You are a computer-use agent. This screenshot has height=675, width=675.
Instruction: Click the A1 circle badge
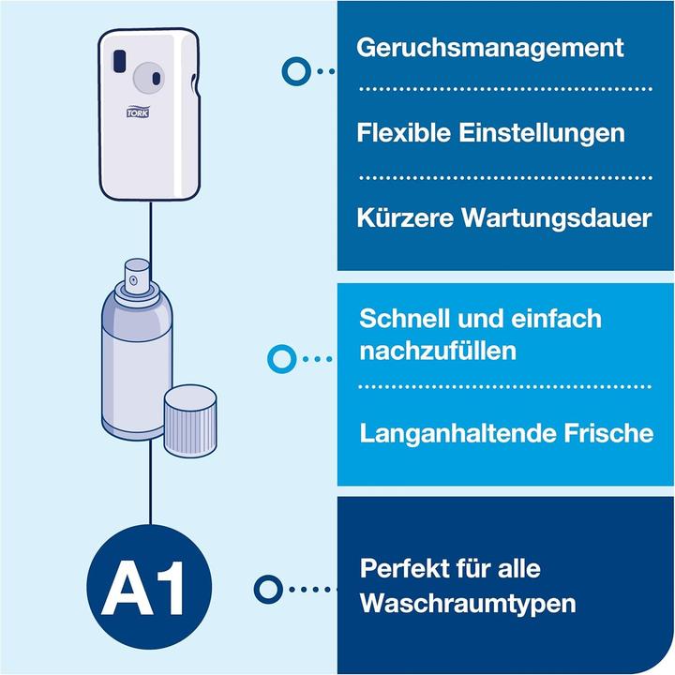[x=150, y=588]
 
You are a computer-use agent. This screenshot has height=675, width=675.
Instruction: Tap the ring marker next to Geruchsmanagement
[x=296, y=69]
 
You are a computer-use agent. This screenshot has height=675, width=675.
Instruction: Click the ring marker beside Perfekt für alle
[x=270, y=588]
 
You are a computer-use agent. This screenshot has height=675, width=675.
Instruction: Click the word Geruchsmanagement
[x=489, y=47]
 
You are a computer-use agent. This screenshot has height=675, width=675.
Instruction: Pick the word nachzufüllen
[x=438, y=352]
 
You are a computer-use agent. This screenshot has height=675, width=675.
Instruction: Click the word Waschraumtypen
[x=468, y=603]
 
